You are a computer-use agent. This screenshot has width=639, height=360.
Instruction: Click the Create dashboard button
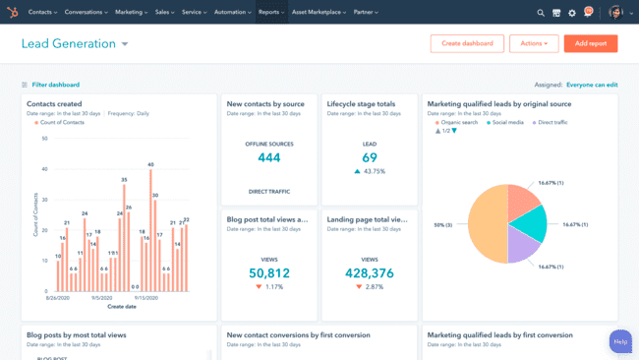(x=467, y=43)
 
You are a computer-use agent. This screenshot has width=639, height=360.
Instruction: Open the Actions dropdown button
(x=534, y=43)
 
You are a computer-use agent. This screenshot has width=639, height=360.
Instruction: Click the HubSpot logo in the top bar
(x=13, y=13)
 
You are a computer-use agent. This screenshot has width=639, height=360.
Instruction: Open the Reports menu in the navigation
(x=270, y=13)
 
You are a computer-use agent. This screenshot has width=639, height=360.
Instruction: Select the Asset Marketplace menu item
(x=319, y=13)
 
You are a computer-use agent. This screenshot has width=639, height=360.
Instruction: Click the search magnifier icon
(x=541, y=13)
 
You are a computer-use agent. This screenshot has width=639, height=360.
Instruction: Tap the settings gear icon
(x=572, y=13)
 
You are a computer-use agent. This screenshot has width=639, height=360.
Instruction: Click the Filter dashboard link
(x=55, y=85)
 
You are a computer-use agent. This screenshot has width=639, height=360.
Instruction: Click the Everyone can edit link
(x=592, y=85)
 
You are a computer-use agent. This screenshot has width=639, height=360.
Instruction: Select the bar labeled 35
(x=124, y=237)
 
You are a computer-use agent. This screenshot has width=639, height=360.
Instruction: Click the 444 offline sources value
(x=269, y=157)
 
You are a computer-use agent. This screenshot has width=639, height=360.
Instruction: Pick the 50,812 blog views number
(x=269, y=273)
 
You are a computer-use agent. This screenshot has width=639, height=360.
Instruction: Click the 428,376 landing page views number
(x=370, y=273)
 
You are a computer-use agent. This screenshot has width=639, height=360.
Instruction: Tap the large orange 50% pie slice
(x=486, y=224)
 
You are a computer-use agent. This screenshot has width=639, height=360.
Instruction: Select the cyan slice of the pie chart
(x=528, y=223)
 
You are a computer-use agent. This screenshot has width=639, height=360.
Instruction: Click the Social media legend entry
(x=507, y=123)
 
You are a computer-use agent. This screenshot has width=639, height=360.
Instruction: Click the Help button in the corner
(x=620, y=341)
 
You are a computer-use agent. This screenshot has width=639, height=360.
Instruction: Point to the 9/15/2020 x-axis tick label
(x=147, y=297)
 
